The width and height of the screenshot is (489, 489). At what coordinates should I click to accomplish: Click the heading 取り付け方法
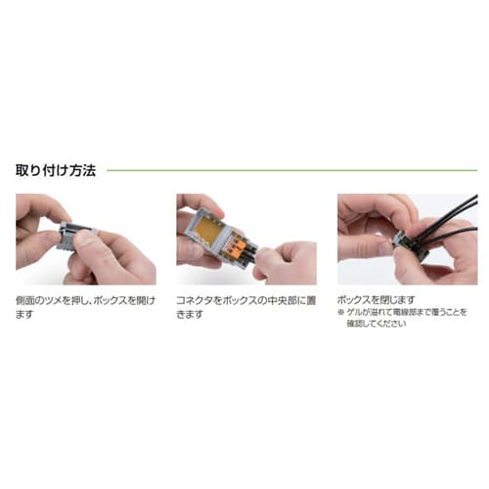tap(55, 169)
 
